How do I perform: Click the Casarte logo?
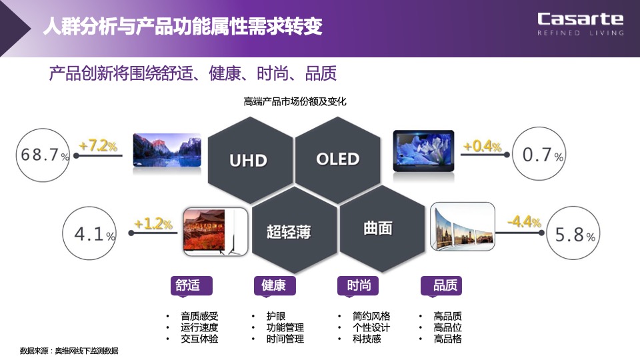580,23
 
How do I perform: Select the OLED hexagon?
337,159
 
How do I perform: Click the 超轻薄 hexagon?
289,231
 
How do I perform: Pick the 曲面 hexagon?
378,229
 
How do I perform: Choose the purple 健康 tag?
274,285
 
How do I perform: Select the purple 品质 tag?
441,285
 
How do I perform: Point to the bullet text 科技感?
367,339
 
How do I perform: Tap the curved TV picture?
463,229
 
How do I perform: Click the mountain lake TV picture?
167,149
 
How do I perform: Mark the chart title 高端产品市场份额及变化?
295,102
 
